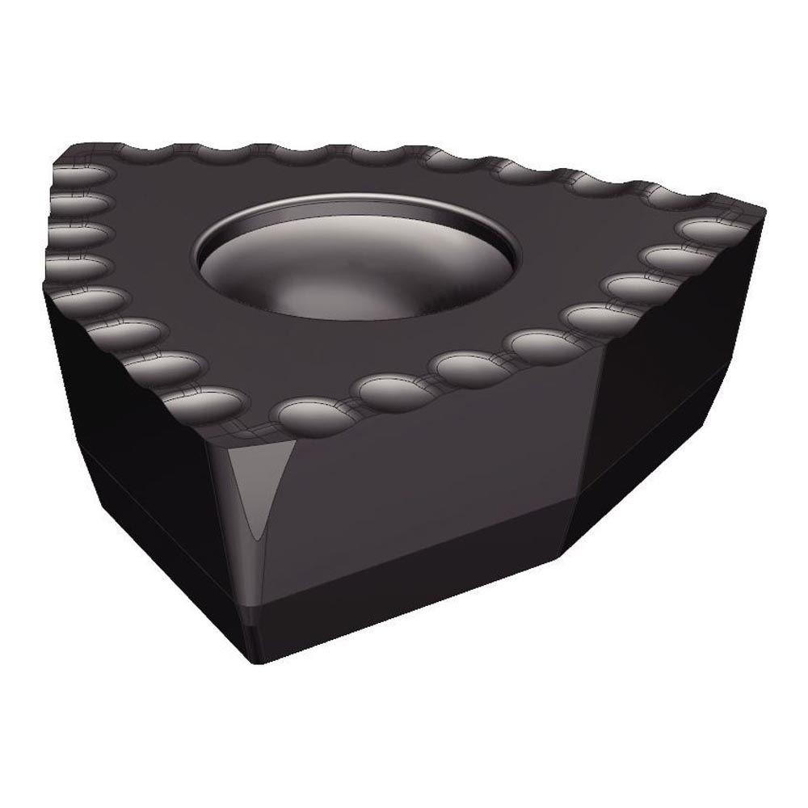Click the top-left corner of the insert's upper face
(61, 166)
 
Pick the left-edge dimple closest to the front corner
(206, 400)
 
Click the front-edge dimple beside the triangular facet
(303, 412)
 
